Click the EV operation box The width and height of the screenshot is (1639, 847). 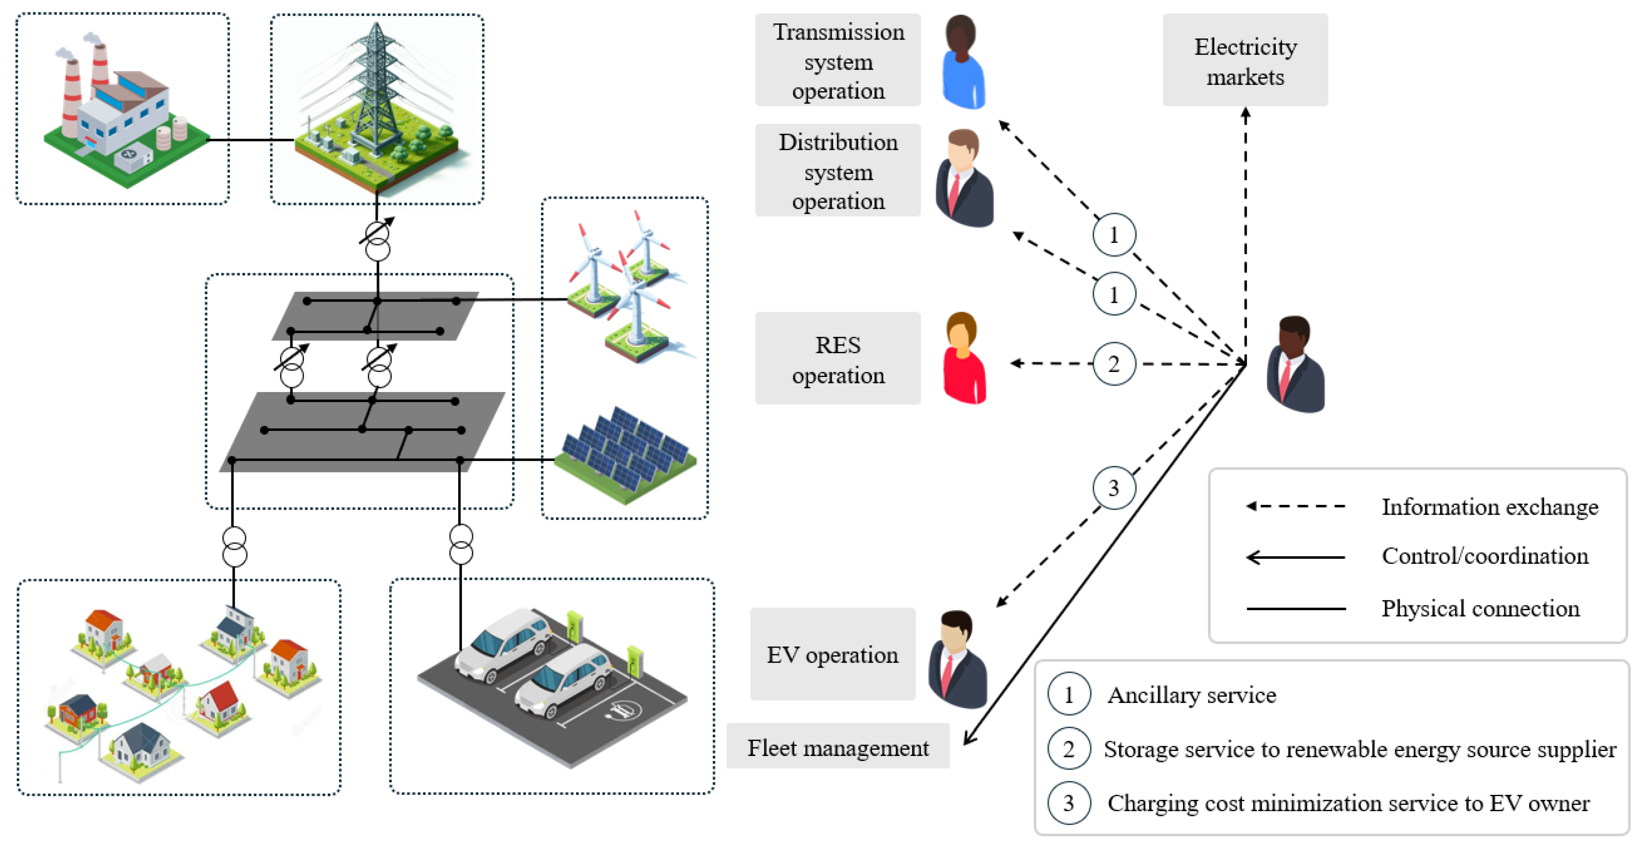coord(832,654)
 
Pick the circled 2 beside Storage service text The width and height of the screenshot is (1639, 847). coord(1069,749)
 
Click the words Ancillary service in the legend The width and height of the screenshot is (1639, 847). coord(1191,695)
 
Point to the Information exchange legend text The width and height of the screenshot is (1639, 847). coord(1490,507)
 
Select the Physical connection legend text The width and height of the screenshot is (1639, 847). coord(1480,608)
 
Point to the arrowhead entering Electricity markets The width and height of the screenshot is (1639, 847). coord(1245,113)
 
